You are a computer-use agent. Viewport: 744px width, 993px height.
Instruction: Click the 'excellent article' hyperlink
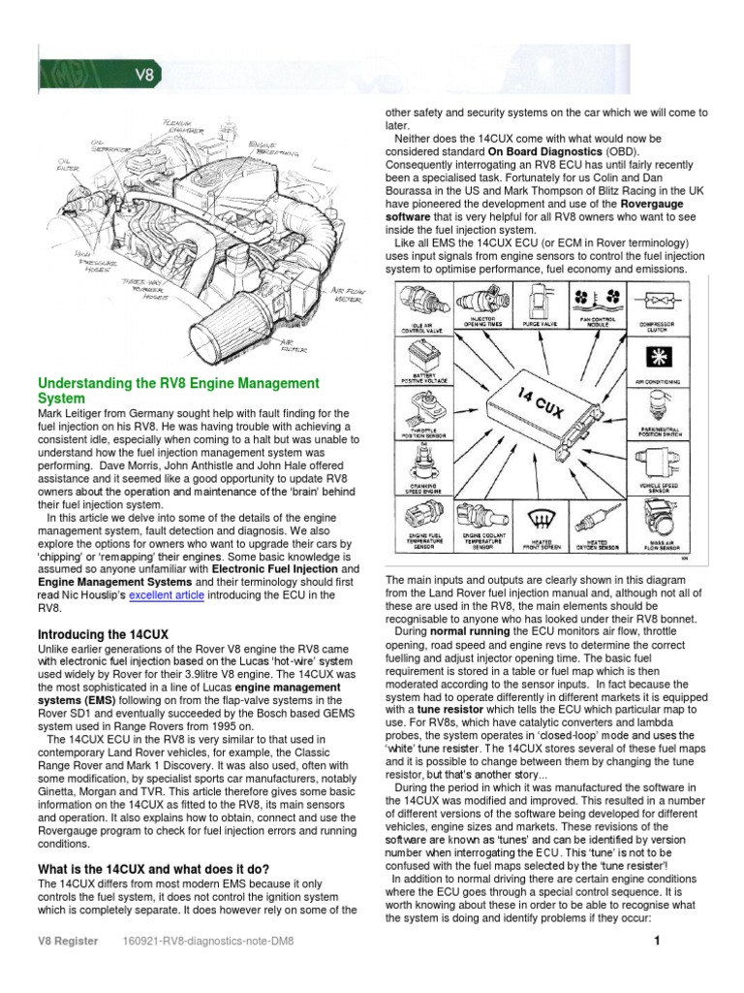[166, 595]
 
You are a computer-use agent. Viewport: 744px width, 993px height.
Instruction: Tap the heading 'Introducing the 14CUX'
[103, 634]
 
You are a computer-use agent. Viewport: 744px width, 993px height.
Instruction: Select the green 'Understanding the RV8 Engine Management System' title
[177, 392]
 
